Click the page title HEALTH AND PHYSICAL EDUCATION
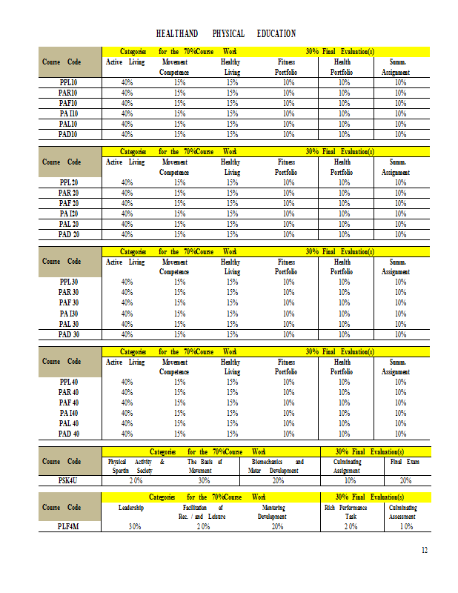226,33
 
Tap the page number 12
425,549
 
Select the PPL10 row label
68,82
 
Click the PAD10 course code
68,134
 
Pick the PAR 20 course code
69,193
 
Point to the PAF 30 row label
69,302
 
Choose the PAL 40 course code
69,423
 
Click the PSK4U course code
69,480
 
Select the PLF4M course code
69,526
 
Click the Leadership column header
130,508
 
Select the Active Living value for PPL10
127,82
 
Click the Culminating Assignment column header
346,466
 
